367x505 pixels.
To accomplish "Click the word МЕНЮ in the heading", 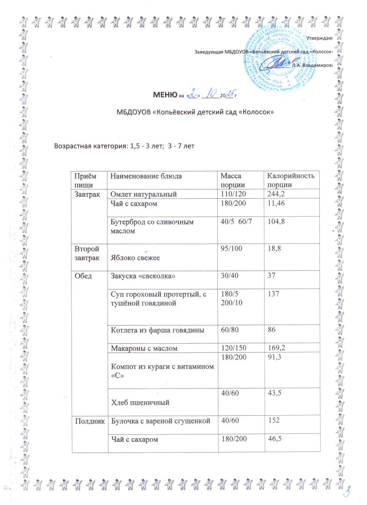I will (x=163, y=95).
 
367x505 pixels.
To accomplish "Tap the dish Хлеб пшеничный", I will (x=139, y=401).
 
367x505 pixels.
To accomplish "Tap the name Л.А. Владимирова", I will (x=311, y=65).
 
